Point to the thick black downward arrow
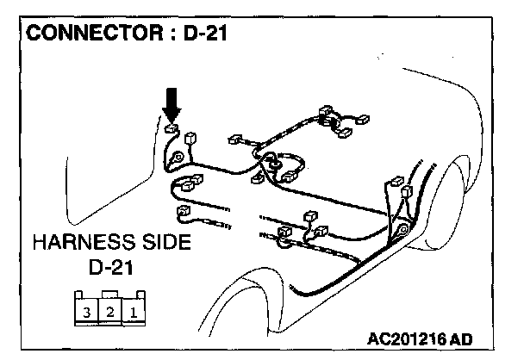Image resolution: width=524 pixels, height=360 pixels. tap(172, 105)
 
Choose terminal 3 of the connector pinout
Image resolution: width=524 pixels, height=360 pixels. tap(87, 311)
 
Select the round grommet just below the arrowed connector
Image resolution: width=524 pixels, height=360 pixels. tap(177, 158)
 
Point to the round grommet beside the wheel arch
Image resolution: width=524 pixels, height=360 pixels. tap(402, 230)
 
